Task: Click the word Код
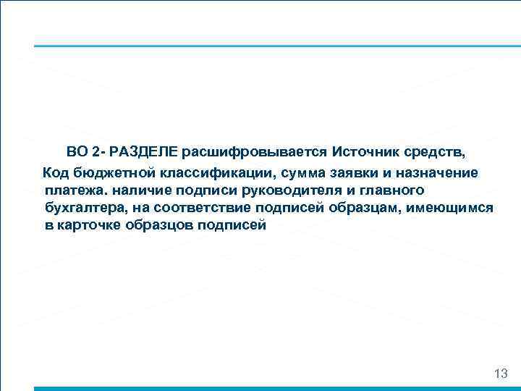pos(55,172)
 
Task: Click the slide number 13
pos(500,374)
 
